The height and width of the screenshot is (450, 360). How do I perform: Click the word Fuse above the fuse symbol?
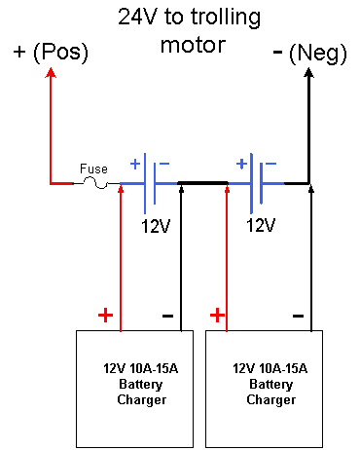coord(93,169)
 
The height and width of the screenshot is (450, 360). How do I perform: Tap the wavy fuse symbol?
coord(95,183)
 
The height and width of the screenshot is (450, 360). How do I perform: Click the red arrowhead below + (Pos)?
coord(51,73)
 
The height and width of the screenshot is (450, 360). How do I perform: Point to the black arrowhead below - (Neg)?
coord(308,73)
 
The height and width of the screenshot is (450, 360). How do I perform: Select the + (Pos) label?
coord(51,52)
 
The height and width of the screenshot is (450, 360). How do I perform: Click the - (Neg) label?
coord(310,53)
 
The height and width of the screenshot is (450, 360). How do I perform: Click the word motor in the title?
coord(194,45)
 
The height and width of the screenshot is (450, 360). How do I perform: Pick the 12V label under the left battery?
coord(156,226)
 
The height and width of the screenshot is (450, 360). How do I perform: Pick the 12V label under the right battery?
coord(261,225)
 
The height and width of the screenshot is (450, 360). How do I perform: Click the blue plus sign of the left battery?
coord(135,164)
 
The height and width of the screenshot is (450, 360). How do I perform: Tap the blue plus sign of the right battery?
coord(241,164)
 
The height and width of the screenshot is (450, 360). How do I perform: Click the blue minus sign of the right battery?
coord(270,164)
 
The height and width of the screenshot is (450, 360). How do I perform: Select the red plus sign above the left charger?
coord(105,315)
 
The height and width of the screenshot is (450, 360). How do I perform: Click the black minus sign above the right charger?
coord(298,316)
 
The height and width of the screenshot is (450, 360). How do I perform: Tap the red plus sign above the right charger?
coord(217,315)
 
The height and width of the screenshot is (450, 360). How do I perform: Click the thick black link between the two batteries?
coord(203,183)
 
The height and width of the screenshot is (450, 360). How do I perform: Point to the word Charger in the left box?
coord(142,400)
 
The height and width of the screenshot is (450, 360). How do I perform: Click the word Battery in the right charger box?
coord(271,385)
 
